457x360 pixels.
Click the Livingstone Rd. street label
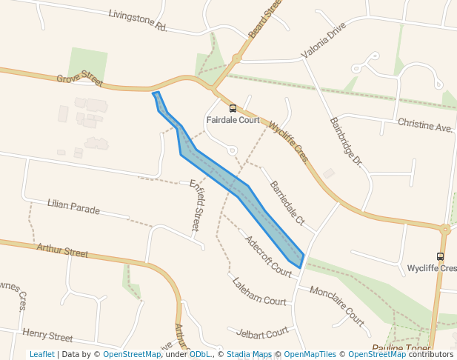(138, 20)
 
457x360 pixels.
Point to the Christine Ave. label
(424, 124)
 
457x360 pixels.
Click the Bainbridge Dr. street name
(346, 141)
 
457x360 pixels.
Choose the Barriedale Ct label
(287, 201)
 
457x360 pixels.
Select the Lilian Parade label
(73, 207)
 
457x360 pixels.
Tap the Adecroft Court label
(268, 256)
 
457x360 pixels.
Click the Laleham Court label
(258, 292)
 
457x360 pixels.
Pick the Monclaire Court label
(337, 306)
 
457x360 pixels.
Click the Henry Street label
(47, 336)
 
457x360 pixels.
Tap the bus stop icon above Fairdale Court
(233, 108)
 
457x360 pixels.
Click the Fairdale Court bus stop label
(233, 119)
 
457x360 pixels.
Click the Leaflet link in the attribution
(41, 354)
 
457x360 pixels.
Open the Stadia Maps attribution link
(249, 354)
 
